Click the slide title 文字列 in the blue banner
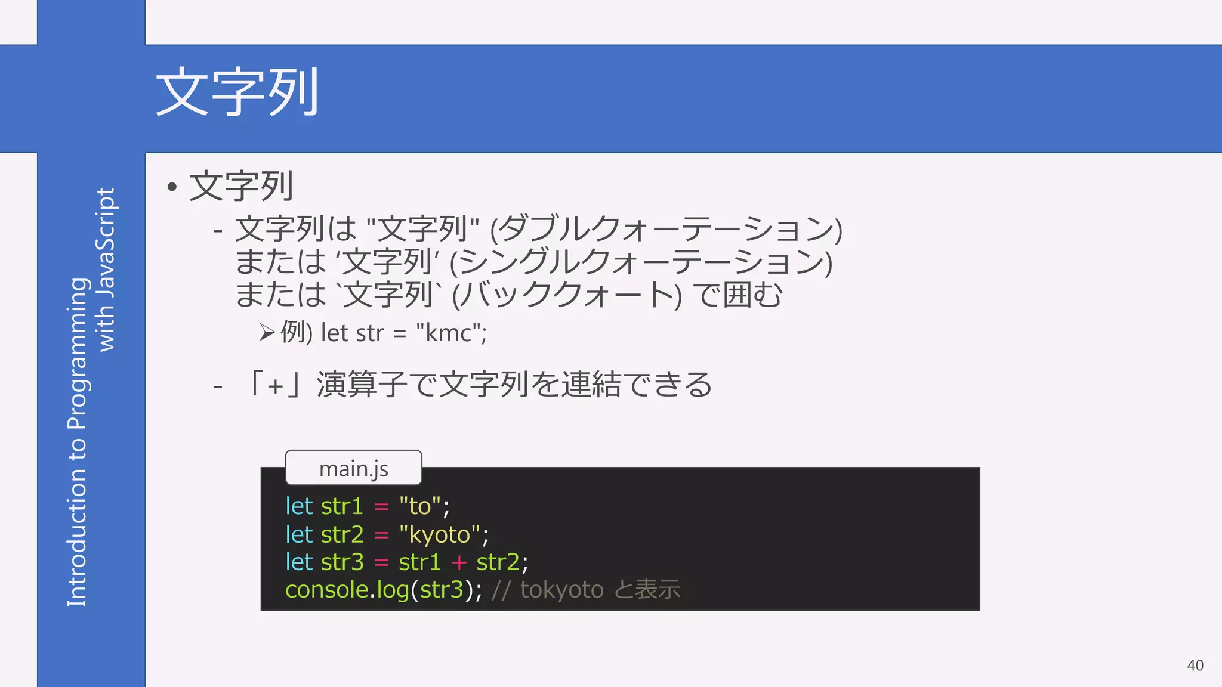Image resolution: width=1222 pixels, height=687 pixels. tap(237, 92)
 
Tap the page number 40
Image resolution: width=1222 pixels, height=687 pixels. tap(1195, 665)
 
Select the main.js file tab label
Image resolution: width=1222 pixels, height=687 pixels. tap(353, 469)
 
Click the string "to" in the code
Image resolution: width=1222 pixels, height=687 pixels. tap(420, 506)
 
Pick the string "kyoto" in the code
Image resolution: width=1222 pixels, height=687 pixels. tap(440, 534)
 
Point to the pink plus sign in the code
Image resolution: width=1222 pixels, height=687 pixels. tap(459, 562)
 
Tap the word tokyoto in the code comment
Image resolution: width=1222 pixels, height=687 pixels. tap(561, 590)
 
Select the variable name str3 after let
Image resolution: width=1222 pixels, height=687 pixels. tap(342, 562)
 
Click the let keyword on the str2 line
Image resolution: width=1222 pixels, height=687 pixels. tap(299, 534)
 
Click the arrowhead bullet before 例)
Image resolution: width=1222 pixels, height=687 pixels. tap(267, 332)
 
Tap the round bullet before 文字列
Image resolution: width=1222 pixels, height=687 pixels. tap(172, 187)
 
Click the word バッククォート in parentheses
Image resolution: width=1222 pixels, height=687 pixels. tap(567, 295)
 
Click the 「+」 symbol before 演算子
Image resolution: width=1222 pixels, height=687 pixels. tap(275, 385)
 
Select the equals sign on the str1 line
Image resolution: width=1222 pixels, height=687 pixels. tap(381, 507)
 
